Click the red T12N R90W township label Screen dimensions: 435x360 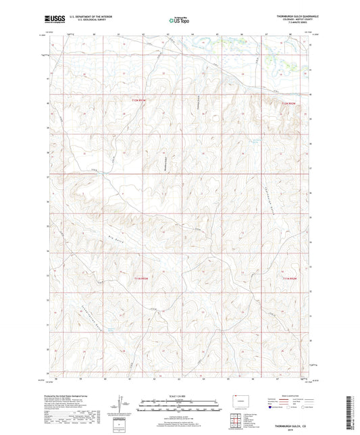pos(289,102)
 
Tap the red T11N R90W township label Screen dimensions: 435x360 pos(290,278)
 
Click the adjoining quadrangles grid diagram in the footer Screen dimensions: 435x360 pos(237,419)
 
